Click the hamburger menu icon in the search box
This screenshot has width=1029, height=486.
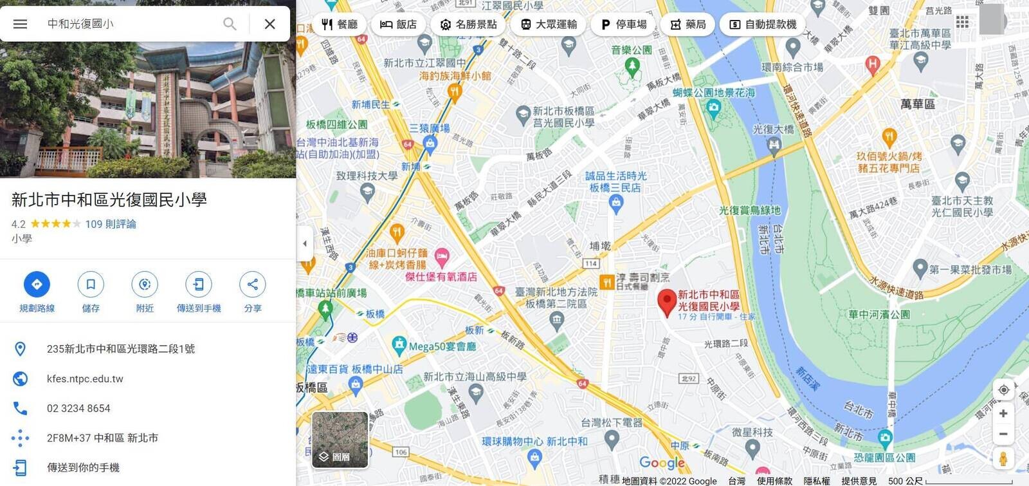(20, 24)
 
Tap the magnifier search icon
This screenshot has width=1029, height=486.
(230, 24)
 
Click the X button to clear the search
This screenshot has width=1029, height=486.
(270, 24)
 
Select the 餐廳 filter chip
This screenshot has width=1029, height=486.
(339, 24)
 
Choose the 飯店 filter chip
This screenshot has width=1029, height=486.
(398, 24)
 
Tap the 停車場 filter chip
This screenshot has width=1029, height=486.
(624, 24)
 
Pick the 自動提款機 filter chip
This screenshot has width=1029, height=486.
(763, 24)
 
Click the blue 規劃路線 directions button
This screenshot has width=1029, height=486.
(37, 285)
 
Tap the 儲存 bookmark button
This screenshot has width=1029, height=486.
(91, 285)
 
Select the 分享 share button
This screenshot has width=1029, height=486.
(253, 285)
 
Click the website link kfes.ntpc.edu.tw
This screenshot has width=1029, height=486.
(85, 379)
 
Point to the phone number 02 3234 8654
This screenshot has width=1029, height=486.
(78, 408)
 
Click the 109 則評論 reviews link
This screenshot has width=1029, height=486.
(111, 224)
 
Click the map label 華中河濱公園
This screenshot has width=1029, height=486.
(879, 315)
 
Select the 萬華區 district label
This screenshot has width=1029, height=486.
(918, 104)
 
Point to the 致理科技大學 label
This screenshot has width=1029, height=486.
(367, 176)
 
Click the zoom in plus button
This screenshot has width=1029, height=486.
(1003, 413)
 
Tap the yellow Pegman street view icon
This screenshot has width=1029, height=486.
(1003, 458)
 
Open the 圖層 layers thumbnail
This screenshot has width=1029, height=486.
(340, 440)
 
